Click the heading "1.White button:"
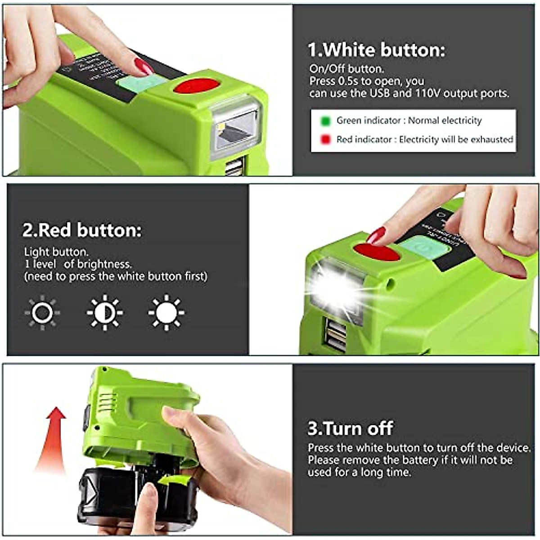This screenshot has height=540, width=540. [x=376, y=49]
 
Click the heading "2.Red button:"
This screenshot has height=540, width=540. [x=82, y=230]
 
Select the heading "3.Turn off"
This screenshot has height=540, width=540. [x=350, y=428]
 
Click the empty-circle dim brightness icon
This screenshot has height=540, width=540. [x=42, y=312]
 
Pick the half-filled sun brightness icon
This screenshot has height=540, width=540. [x=104, y=312]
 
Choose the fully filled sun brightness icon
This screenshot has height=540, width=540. [x=166, y=312]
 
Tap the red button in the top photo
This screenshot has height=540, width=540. [x=196, y=85]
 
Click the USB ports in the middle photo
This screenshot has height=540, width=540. [x=336, y=335]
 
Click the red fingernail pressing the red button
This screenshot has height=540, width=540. [x=376, y=235]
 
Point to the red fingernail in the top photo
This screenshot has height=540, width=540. [x=144, y=67]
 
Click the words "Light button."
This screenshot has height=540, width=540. [x=56, y=252]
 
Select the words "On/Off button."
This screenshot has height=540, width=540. [x=346, y=69]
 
